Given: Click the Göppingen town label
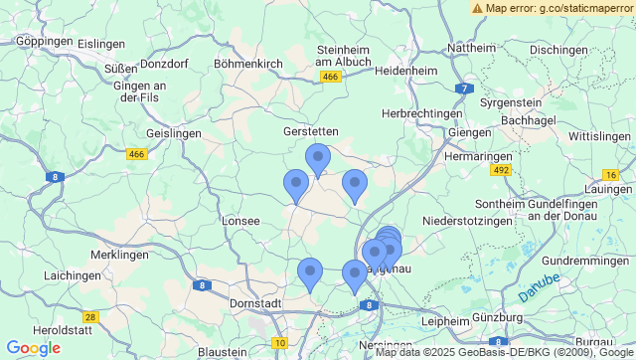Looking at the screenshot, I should [45, 43].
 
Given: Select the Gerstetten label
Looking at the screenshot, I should [311, 131].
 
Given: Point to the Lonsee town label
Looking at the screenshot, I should [241, 221].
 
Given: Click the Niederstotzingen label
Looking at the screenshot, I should [471, 220].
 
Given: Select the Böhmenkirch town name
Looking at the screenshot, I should [248, 64].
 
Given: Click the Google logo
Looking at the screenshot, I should [33, 348].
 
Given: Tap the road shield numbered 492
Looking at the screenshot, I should [500, 171].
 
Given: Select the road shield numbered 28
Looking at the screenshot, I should [90, 317].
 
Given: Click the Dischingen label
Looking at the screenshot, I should [558, 50].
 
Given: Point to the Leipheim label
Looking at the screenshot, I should [444, 322].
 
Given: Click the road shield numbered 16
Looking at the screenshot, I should [610, 175].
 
